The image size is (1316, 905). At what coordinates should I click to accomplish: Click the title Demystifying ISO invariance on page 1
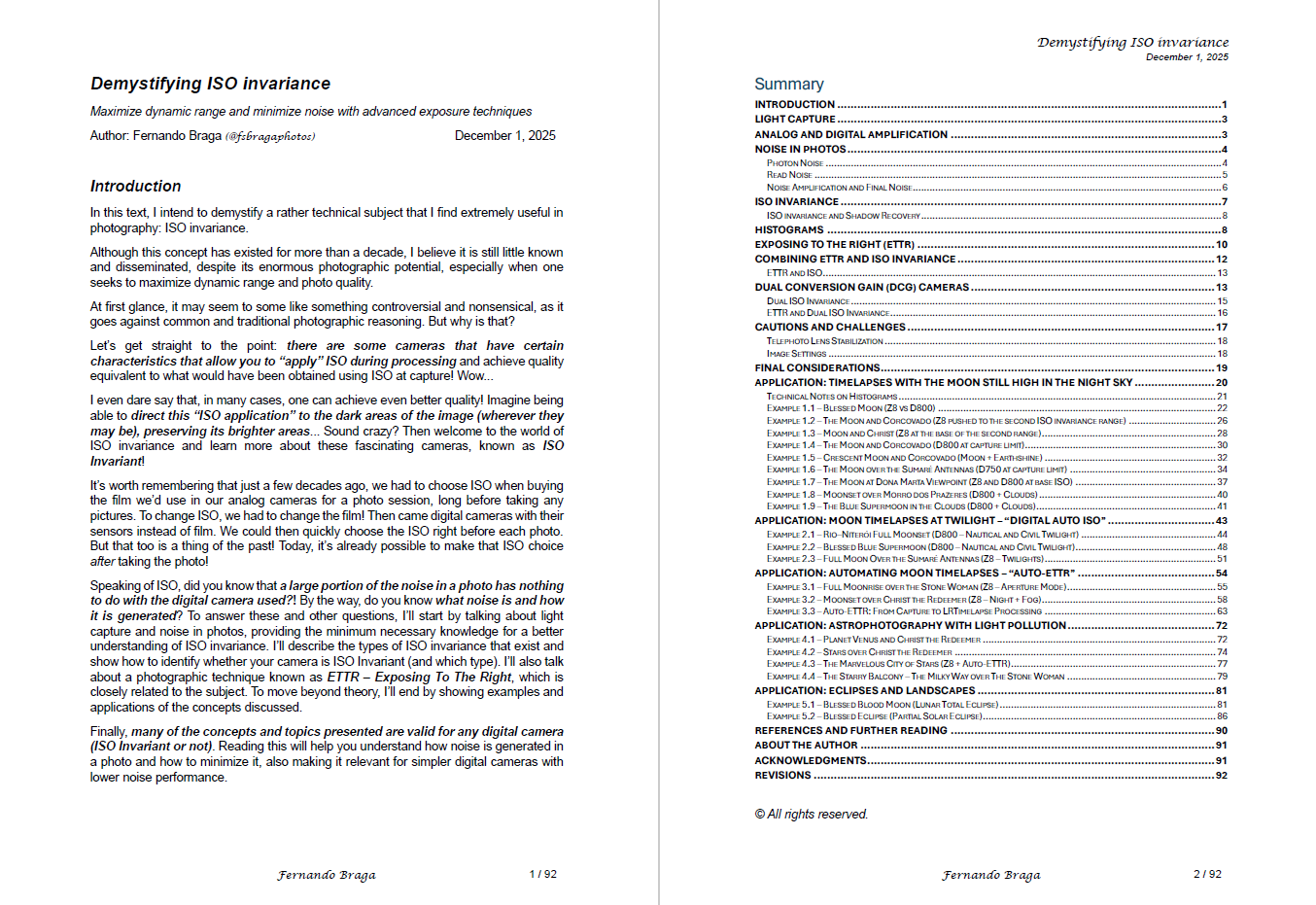point(210,84)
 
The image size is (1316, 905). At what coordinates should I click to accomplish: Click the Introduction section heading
point(135,186)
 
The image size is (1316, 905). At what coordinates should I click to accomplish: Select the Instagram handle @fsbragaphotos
point(270,136)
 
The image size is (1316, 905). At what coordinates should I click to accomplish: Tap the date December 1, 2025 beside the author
point(504,136)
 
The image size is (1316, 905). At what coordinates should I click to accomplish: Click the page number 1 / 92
point(542,874)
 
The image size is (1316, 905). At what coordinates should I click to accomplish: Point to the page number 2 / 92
point(1207,874)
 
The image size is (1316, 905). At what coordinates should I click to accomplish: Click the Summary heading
point(788,85)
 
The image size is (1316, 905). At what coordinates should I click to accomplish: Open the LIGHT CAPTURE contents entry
point(795,120)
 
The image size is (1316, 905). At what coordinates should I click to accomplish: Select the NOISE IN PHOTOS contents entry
point(800,150)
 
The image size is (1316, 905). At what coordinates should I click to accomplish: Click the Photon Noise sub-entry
point(795,163)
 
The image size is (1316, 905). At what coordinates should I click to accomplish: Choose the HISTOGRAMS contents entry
point(789,230)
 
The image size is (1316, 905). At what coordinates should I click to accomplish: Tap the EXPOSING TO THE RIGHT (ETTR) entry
point(834,245)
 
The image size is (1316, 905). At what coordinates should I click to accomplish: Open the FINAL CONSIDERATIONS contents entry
point(817,368)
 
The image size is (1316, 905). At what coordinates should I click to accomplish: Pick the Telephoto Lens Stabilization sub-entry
point(824,341)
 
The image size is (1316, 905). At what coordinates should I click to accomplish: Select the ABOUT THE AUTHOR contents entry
point(806,746)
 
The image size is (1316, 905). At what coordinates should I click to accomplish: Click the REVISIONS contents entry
point(782,776)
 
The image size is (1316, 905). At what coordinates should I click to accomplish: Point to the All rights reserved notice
point(811,815)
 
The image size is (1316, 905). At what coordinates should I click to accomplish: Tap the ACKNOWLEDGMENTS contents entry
point(811,761)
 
